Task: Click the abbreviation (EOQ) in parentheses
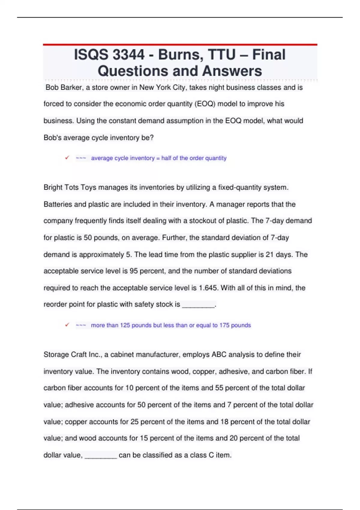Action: tap(205, 104)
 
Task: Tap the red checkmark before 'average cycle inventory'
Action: tap(67, 157)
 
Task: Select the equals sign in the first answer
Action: tap(158, 158)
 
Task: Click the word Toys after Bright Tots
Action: tap(88, 187)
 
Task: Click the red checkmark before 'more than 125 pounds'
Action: tap(67, 325)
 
